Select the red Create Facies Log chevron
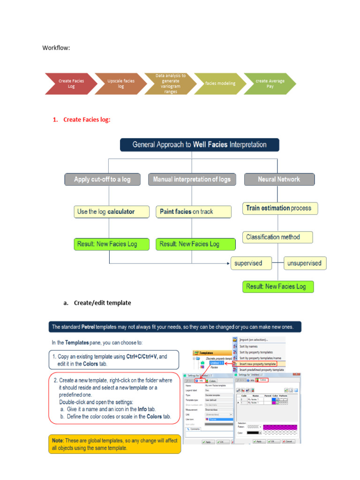[x=71, y=83]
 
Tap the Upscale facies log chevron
[x=120, y=83]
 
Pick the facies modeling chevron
[x=220, y=83]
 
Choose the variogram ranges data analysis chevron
[x=171, y=83]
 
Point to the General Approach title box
[x=199, y=145]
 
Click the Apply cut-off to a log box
[x=102, y=180]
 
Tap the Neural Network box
[x=279, y=180]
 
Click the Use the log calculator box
[x=112, y=212]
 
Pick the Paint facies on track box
[x=194, y=212]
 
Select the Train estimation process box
[x=280, y=208]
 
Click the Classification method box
[x=277, y=237]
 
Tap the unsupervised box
[x=305, y=263]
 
